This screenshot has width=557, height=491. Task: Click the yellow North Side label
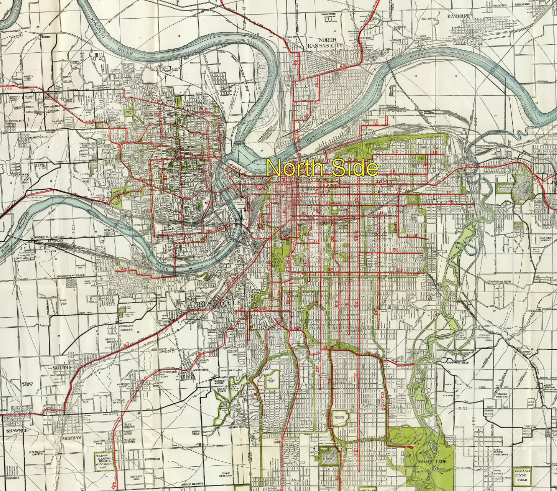322,168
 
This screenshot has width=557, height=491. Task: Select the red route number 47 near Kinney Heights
126,345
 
